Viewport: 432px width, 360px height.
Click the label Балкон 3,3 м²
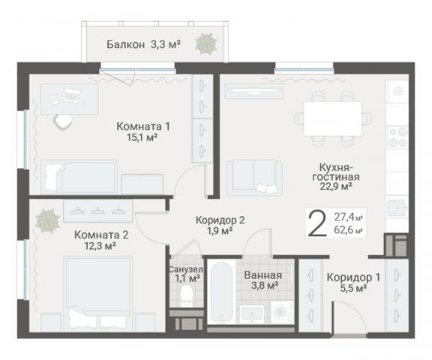click(143, 44)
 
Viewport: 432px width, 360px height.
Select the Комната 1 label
click(142, 126)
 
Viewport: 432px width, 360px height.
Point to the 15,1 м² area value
click(142, 138)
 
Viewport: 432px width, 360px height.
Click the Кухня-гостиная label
click(337, 171)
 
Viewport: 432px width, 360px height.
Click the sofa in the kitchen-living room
click(254, 177)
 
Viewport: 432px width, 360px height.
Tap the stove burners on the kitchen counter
click(396, 137)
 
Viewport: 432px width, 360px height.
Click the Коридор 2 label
click(220, 220)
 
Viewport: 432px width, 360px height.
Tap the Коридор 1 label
click(352, 277)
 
